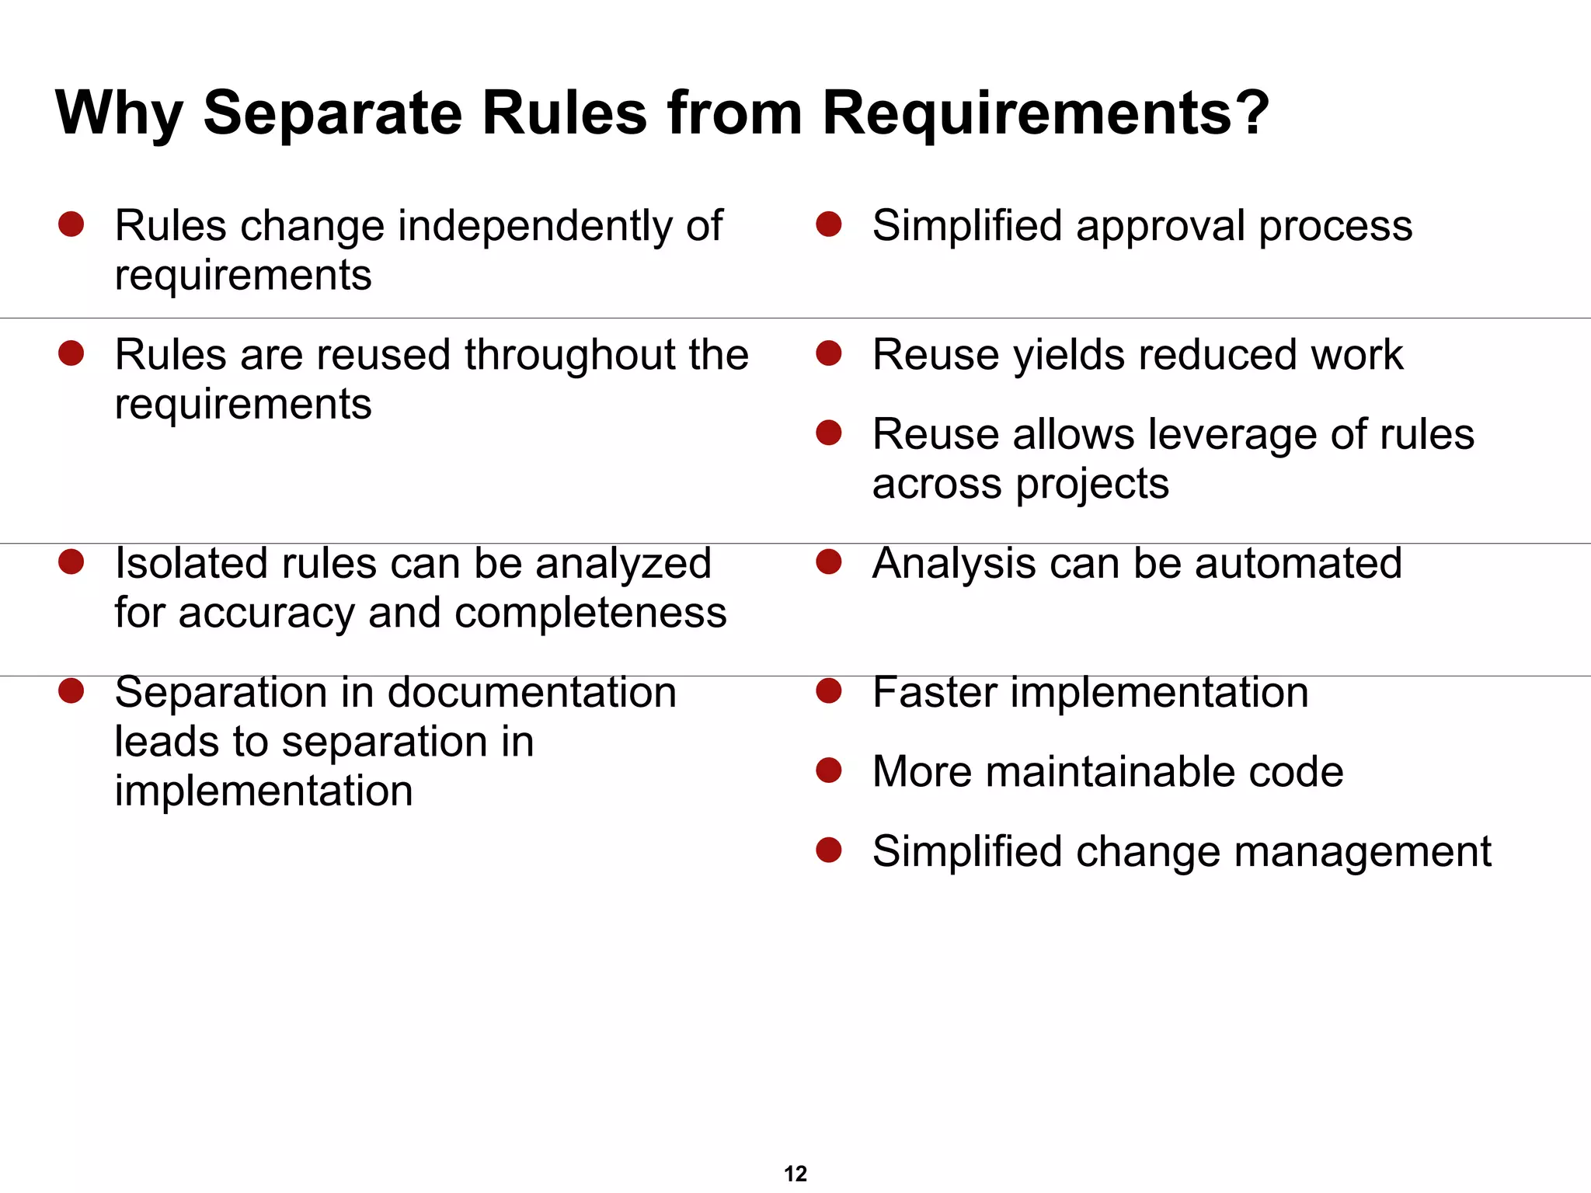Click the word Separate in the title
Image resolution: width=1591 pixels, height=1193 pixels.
click(332, 113)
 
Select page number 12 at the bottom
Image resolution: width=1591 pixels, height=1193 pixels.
click(795, 1174)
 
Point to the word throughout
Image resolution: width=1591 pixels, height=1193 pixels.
click(570, 356)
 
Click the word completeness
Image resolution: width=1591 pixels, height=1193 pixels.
click(590, 613)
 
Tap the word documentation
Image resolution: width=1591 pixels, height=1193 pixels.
click(525, 692)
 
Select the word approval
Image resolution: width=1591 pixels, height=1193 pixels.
click(1160, 227)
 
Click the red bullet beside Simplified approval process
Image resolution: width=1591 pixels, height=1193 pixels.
click(829, 224)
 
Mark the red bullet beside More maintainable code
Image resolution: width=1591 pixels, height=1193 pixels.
click(829, 770)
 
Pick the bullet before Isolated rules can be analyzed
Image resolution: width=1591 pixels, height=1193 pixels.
click(71, 562)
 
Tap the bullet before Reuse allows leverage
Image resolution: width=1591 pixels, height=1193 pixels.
click(829, 433)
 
